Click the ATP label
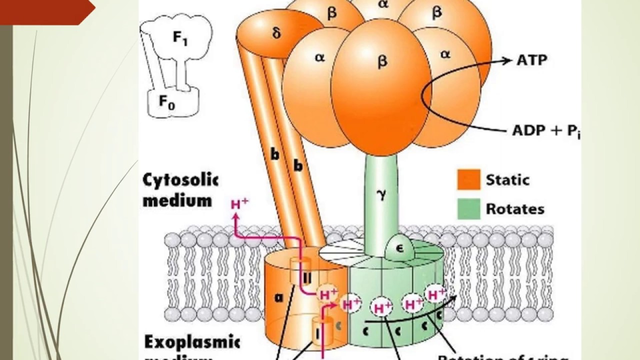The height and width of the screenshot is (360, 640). click(x=531, y=60)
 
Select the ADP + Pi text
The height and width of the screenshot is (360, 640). click(x=546, y=131)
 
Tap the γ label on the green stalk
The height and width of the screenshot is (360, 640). click(x=382, y=194)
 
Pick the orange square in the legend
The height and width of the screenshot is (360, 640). click(x=468, y=179)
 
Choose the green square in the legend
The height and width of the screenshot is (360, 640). click(x=468, y=208)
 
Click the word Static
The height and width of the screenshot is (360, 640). click(x=507, y=179)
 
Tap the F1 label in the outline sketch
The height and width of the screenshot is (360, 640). click(x=180, y=38)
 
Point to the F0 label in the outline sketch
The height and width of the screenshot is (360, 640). click(x=167, y=101)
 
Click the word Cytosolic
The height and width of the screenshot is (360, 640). click(x=180, y=180)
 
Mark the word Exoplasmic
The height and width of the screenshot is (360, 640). click(x=192, y=343)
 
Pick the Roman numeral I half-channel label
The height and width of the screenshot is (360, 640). click(x=317, y=333)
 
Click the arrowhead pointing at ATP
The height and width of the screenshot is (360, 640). click(x=509, y=60)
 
